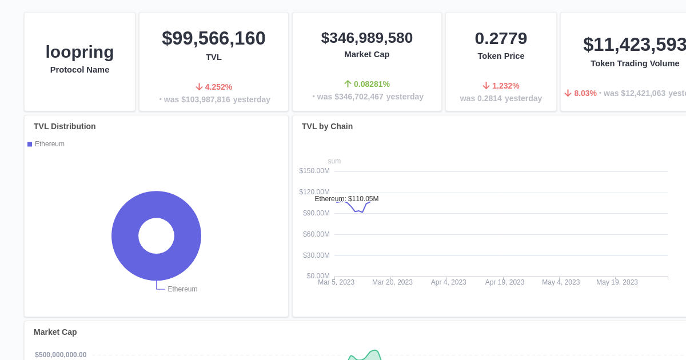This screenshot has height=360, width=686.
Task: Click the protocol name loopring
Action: (x=79, y=52)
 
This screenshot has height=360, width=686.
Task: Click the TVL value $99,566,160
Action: (x=213, y=38)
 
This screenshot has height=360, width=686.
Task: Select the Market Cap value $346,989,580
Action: (x=366, y=38)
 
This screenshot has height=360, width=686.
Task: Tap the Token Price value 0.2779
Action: (x=501, y=38)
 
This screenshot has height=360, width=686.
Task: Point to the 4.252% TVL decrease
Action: (x=214, y=87)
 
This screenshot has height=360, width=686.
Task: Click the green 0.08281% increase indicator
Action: (x=366, y=84)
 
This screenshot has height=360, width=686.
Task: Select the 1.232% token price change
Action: (x=501, y=86)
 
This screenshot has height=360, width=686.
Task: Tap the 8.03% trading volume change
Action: (x=580, y=93)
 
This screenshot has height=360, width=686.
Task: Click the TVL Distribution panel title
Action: (x=65, y=126)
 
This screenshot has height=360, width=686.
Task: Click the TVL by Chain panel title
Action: (x=327, y=126)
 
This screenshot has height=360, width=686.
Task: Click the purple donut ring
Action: (x=126, y=236)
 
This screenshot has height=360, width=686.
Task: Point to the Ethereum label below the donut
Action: (x=182, y=289)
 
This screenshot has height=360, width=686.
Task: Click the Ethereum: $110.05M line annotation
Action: (x=346, y=199)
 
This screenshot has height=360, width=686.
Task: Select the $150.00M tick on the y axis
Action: (x=314, y=171)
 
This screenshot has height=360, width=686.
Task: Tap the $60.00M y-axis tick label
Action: (x=316, y=234)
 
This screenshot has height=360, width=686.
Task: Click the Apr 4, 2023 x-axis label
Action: (x=448, y=282)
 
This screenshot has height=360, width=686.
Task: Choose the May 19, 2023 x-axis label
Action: (x=617, y=282)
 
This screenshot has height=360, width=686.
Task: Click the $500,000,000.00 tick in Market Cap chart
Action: (x=61, y=355)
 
